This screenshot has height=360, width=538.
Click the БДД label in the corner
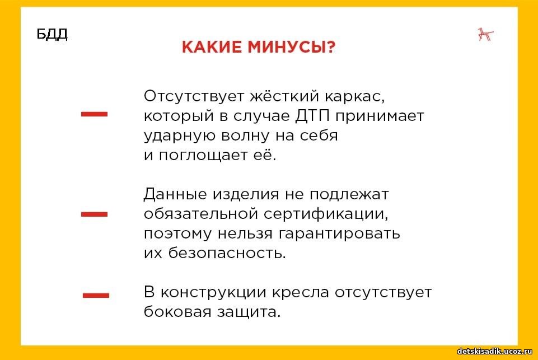(x=52, y=34)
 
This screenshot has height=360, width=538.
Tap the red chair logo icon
(x=485, y=35)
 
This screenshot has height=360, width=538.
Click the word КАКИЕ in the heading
(x=212, y=47)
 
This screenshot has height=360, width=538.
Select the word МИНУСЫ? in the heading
(x=291, y=47)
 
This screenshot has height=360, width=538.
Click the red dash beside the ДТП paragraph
(x=95, y=114)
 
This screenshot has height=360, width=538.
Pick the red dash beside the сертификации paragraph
(x=95, y=214)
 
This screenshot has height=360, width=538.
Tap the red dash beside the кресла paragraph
(x=96, y=295)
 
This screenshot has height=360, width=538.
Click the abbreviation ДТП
(x=312, y=116)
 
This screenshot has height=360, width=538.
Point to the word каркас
(x=355, y=96)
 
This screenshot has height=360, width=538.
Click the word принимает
(x=380, y=116)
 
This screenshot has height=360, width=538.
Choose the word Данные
(x=175, y=195)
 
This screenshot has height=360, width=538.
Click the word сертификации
(x=326, y=214)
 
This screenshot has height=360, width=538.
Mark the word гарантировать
(x=339, y=234)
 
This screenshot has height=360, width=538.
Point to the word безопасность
(x=227, y=253)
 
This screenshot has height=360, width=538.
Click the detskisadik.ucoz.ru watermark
(x=495, y=351)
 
